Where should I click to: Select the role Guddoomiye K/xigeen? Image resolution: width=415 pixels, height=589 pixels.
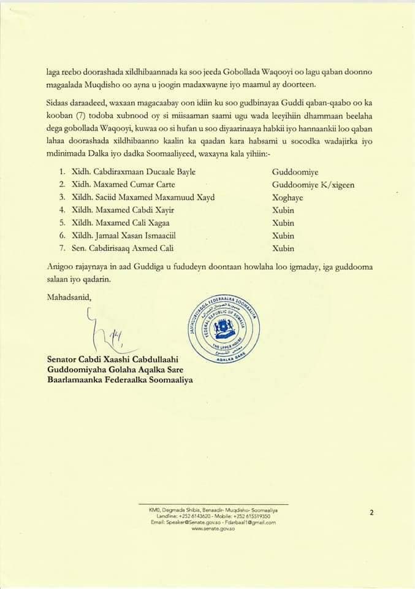pyautogui.click(x=313, y=184)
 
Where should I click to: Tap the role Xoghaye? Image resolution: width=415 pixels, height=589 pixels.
pyautogui.click(x=288, y=197)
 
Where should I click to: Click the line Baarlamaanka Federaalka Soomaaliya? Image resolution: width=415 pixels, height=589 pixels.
pyautogui.click(x=120, y=380)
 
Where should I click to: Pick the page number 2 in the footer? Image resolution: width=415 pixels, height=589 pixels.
pyautogui.click(x=371, y=511)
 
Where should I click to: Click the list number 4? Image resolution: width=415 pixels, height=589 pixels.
pyautogui.click(x=53, y=210)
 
